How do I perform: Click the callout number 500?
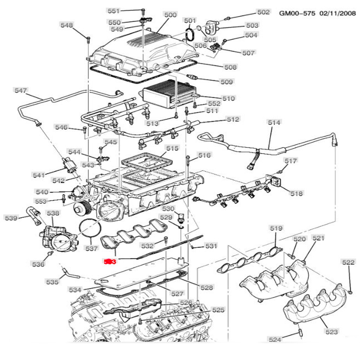click(x=170, y=15)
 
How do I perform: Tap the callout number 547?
click(x=21, y=90)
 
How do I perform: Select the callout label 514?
click(x=274, y=122)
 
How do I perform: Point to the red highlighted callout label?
click(x=108, y=261)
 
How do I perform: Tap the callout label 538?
click(x=53, y=213)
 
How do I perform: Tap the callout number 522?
click(x=348, y=262)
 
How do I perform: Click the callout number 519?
click(x=276, y=228)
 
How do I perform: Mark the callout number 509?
click(x=227, y=82)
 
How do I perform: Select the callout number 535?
click(x=53, y=282)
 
